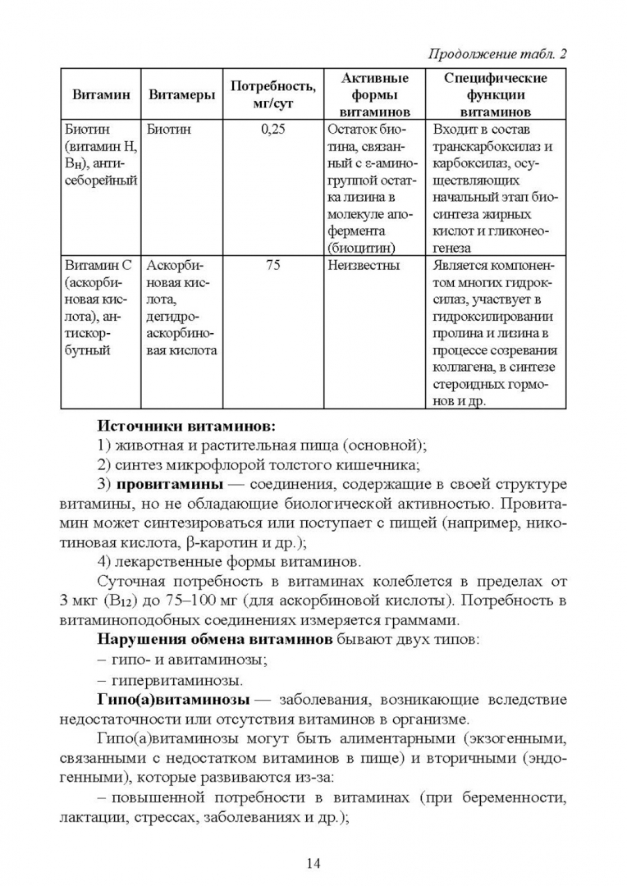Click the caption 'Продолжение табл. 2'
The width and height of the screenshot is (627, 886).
tap(498, 54)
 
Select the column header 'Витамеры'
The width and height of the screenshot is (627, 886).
tap(181, 95)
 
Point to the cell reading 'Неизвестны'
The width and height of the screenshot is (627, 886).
tap(364, 267)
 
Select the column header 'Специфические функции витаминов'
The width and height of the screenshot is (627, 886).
tap(495, 95)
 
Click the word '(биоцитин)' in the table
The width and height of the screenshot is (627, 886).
tap(361, 246)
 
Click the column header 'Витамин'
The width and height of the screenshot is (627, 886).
tap(102, 95)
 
